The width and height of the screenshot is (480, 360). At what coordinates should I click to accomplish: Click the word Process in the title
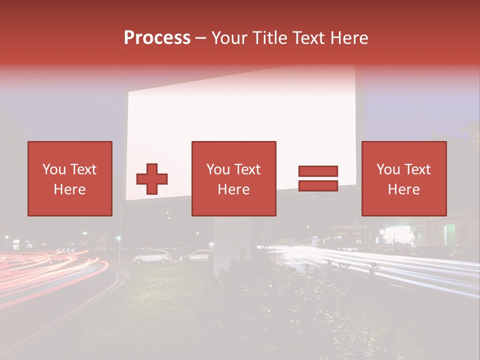click(157, 38)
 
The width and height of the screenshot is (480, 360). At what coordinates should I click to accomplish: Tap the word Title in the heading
click(270, 38)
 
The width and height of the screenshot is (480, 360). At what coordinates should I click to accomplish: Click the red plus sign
click(152, 178)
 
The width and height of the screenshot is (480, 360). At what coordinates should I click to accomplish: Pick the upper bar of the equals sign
click(318, 171)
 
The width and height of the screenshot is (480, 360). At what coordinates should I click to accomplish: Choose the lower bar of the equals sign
click(318, 185)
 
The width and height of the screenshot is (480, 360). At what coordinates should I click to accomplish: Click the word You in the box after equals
click(387, 170)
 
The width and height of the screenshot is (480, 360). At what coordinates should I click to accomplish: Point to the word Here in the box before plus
click(69, 189)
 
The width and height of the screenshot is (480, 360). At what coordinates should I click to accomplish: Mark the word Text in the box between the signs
click(247, 170)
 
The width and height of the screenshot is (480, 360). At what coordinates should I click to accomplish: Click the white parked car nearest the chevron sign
click(152, 256)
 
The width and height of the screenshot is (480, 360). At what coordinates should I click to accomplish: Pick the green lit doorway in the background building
click(449, 234)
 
